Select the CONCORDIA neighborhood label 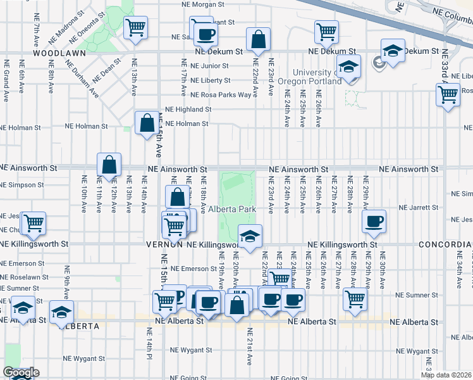point(450,244)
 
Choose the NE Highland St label point(187,110)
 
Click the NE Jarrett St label point(418,207)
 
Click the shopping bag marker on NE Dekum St point(258,39)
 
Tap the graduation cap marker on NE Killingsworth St point(250,236)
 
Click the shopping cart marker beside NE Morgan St point(135,27)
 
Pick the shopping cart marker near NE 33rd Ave point(448,95)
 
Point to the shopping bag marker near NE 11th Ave point(109,164)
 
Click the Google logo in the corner point(20,373)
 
